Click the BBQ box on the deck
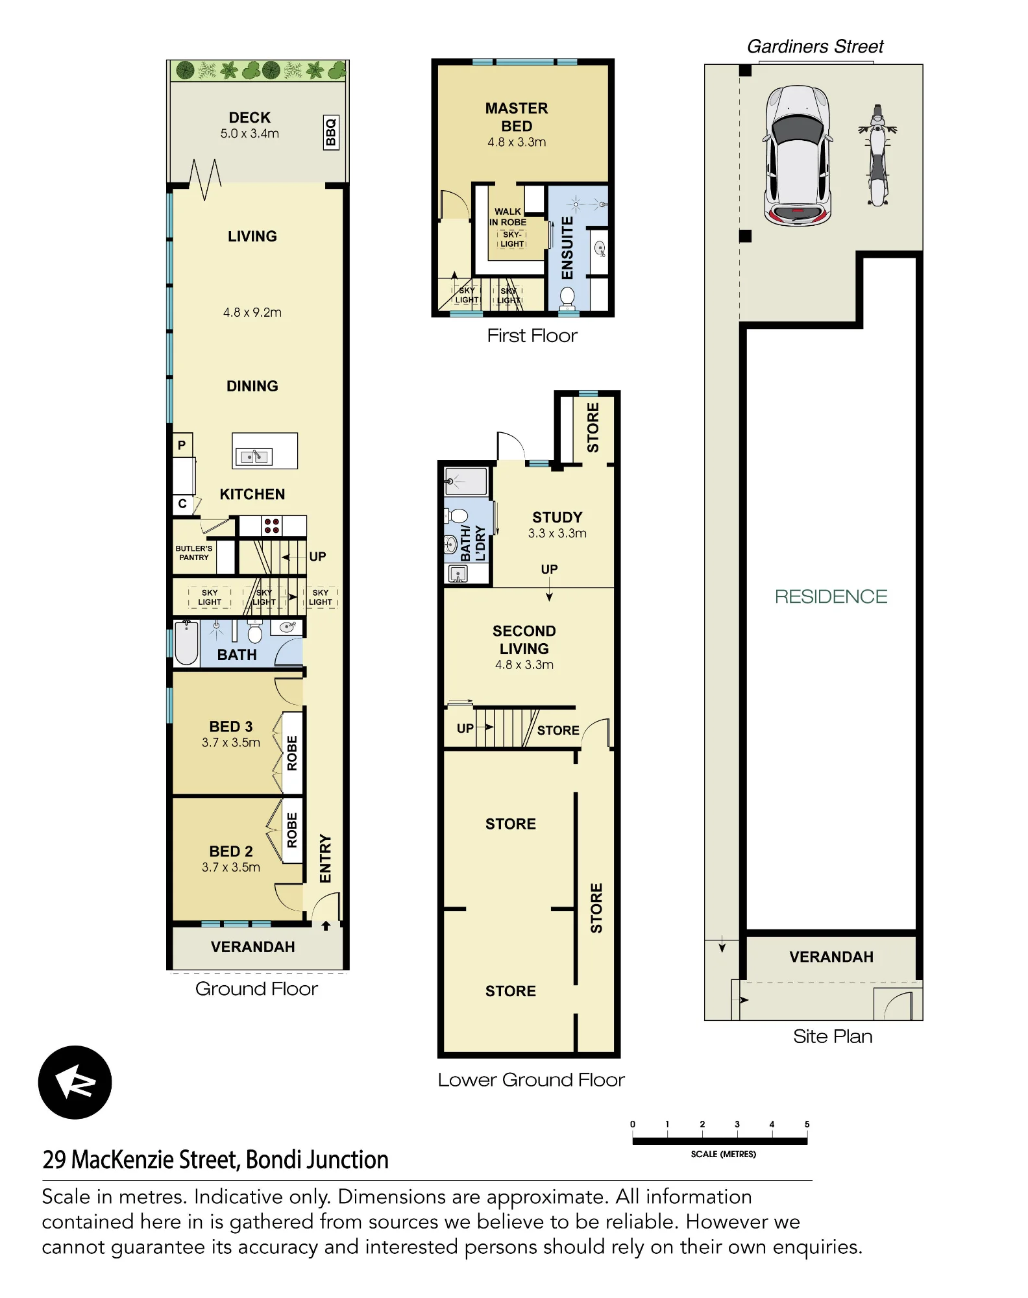click(x=331, y=132)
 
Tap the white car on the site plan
click(x=797, y=156)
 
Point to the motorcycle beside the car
click(x=877, y=155)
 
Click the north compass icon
click(x=75, y=1082)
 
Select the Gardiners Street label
click(x=815, y=47)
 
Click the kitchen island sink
click(x=254, y=457)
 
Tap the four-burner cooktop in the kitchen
click(x=272, y=526)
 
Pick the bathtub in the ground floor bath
click(x=186, y=643)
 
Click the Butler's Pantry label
click(x=194, y=553)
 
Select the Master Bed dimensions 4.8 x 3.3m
click(x=517, y=142)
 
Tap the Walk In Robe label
click(x=508, y=217)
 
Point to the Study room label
click(x=557, y=517)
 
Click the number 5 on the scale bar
click(x=807, y=1124)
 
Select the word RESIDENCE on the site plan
click(x=831, y=596)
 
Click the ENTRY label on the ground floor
click(x=325, y=858)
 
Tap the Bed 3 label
click(x=231, y=726)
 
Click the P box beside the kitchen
click(x=182, y=445)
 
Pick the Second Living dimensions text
click(x=524, y=665)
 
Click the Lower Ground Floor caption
click(x=531, y=1079)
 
